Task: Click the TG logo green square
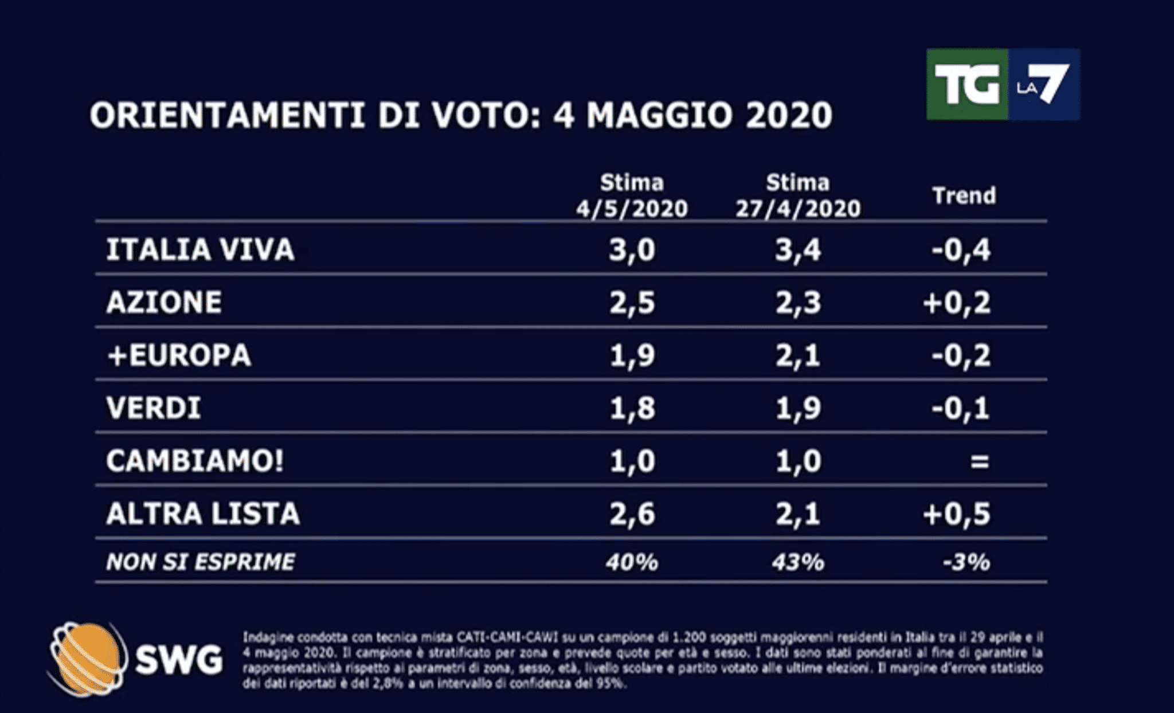(x=967, y=84)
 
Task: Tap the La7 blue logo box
(x=1044, y=84)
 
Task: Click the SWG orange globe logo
(x=87, y=659)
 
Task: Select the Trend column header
(x=964, y=196)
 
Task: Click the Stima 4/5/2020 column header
(x=632, y=196)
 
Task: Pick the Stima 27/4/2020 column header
(x=798, y=196)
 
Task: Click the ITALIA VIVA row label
(x=200, y=250)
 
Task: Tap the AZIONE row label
(x=164, y=303)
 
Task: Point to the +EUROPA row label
(x=179, y=355)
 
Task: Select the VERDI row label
(x=154, y=408)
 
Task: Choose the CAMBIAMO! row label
(x=195, y=461)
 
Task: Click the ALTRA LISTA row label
(x=203, y=514)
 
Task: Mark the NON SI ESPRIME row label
(x=201, y=562)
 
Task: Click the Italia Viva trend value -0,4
(x=961, y=250)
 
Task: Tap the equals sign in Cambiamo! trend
(x=979, y=461)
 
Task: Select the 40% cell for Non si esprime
(x=632, y=562)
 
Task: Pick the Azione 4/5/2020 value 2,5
(x=632, y=303)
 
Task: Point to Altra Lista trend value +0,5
(x=956, y=514)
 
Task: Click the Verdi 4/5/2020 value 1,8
(x=632, y=408)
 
